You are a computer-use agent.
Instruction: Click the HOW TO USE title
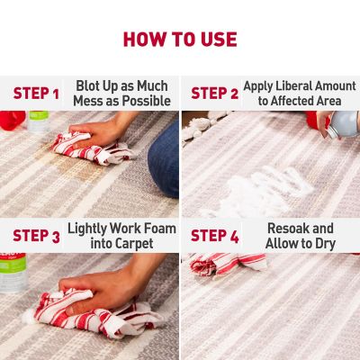pos(180,40)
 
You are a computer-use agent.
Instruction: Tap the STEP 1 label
pos(36,94)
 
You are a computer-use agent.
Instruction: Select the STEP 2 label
pos(214,94)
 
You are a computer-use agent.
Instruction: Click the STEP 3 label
pos(36,237)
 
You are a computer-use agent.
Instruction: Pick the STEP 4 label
pos(214,237)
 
